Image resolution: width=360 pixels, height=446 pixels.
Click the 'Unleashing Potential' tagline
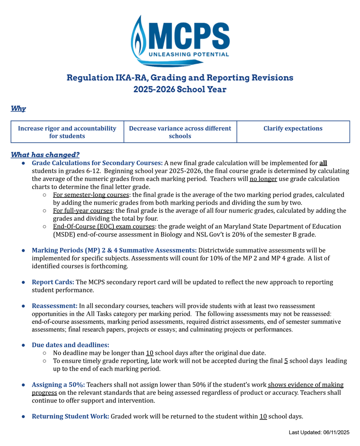pyautogui.click(x=189, y=55)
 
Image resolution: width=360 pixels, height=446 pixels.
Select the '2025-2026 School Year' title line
pyautogui.click(x=180, y=89)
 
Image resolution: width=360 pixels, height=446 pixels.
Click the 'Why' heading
pyautogui.click(x=18, y=109)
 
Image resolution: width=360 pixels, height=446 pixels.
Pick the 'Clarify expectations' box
pyautogui.click(x=293, y=128)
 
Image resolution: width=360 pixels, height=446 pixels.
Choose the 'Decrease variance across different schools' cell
pyautogui.click(x=180, y=132)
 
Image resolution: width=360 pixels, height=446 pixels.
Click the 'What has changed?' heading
pyautogui.click(x=45, y=155)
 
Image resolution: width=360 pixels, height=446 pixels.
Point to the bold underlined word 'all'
pyautogui.click(x=323, y=163)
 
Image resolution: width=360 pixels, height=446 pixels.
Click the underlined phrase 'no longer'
pyautogui.click(x=263, y=179)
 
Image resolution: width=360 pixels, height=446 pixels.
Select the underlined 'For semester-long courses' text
pyautogui.click(x=91, y=195)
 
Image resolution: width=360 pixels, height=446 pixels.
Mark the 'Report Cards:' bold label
pyautogui.click(x=53, y=282)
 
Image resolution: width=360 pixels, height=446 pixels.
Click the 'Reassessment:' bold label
pyautogui.click(x=54, y=306)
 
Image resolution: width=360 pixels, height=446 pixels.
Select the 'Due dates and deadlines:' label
pyautogui.click(x=70, y=345)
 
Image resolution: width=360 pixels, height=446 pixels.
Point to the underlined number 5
pyautogui.click(x=286, y=361)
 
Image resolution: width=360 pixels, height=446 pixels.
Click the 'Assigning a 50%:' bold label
pyautogui.click(x=58, y=384)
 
